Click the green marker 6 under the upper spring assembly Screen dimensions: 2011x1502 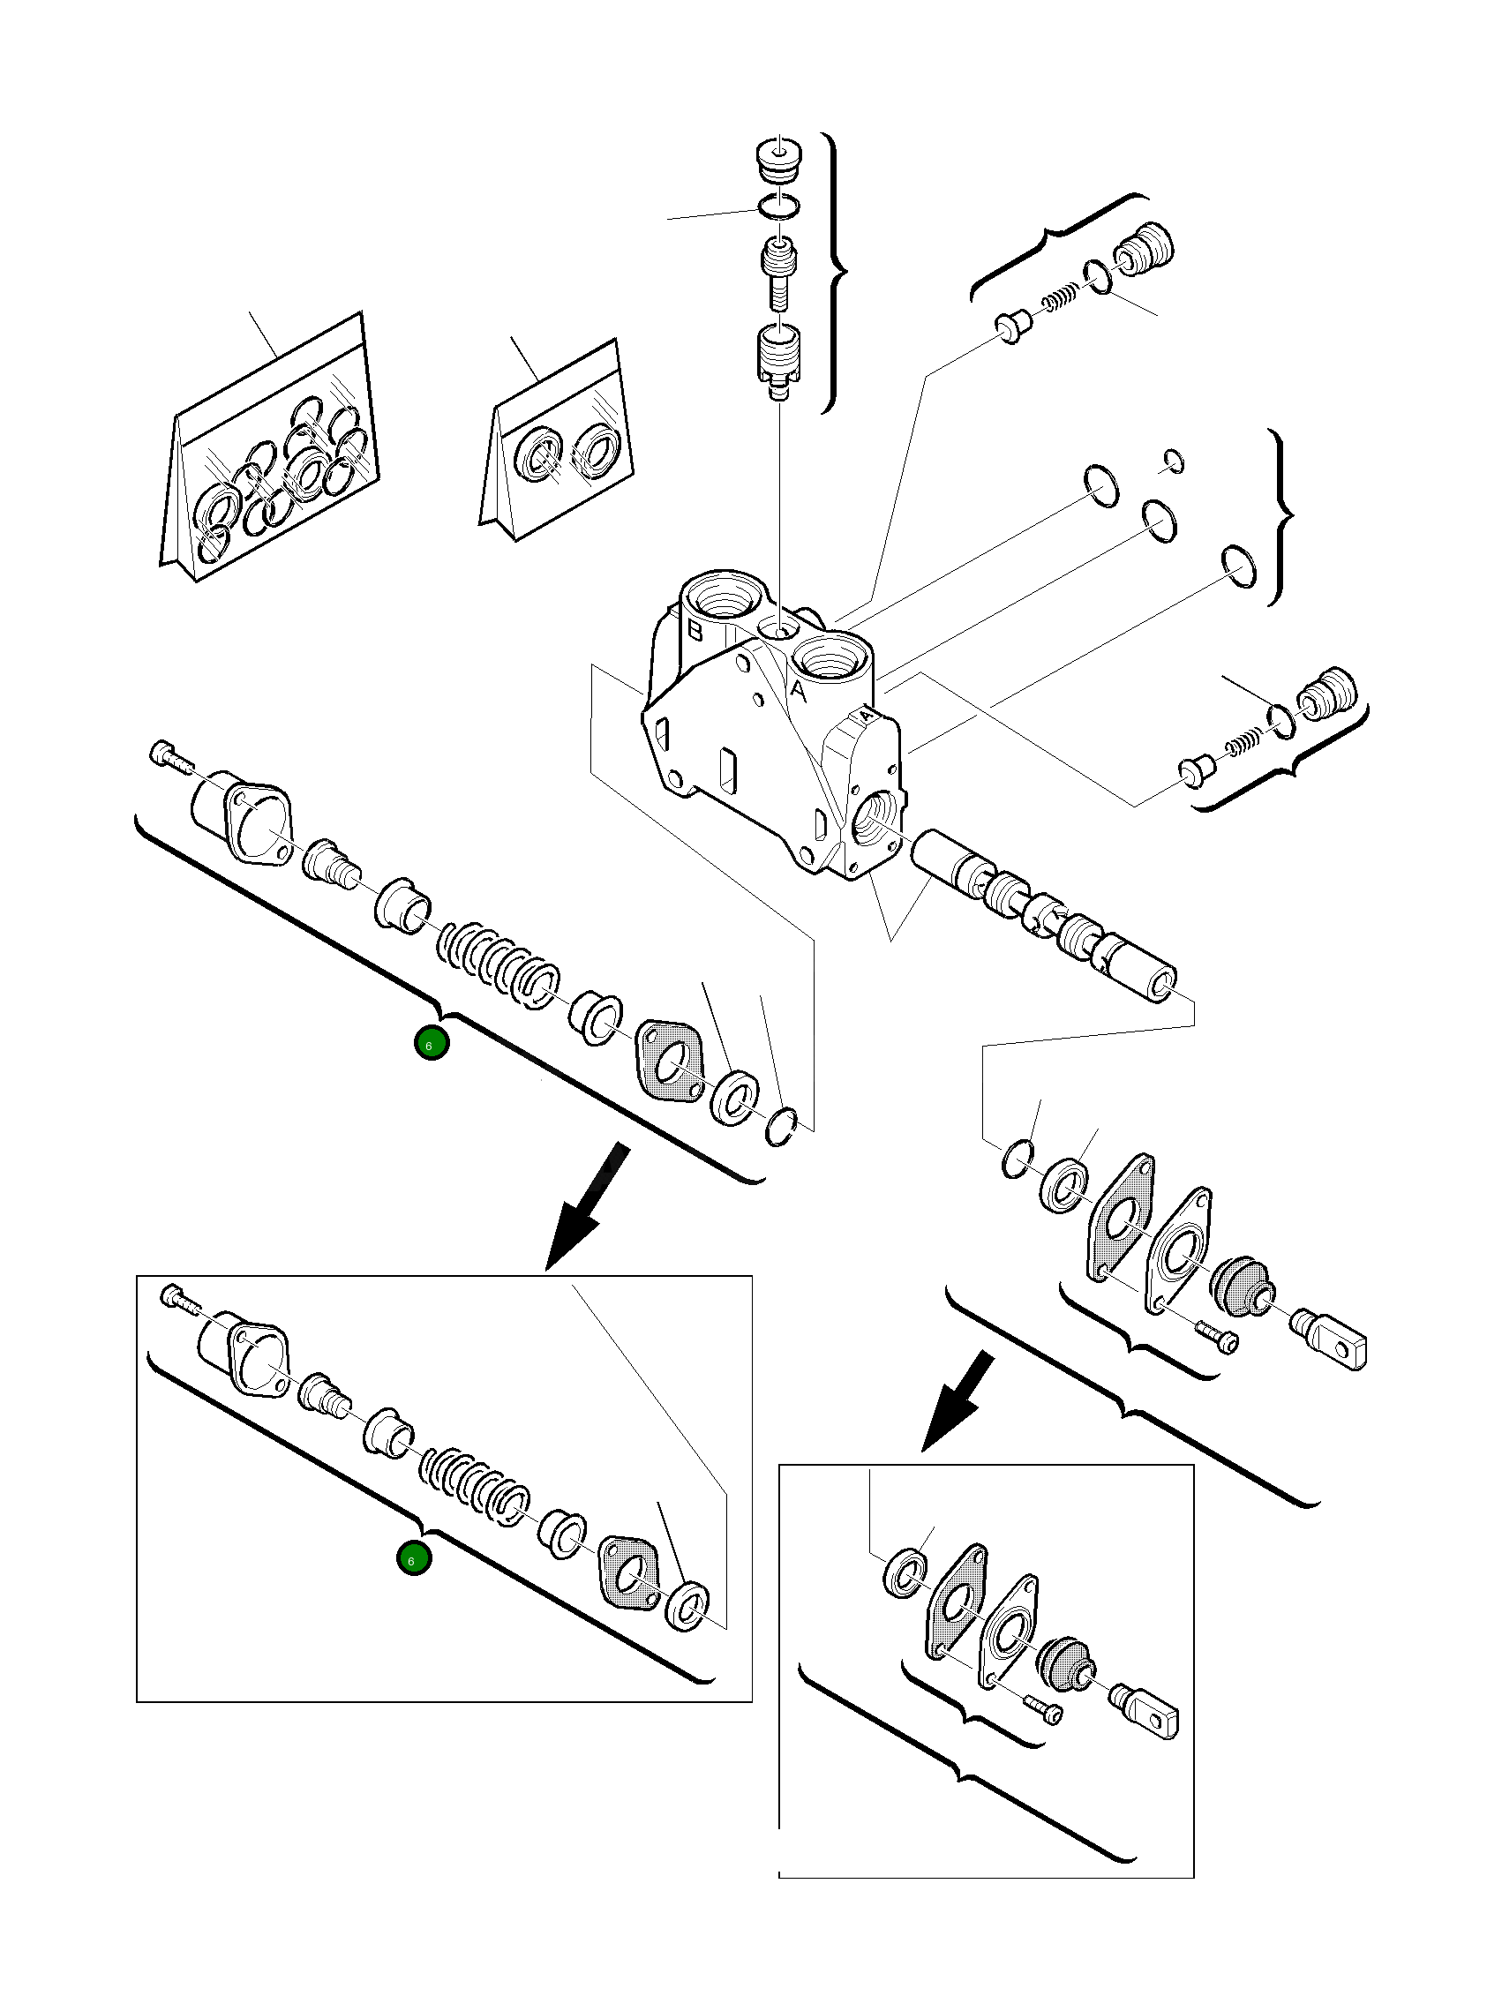pyautogui.click(x=431, y=1044)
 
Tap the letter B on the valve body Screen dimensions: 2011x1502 pyautogui.click(x=695, y=631)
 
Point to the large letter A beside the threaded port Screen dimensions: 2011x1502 pyautogui.click(x=798, y=691)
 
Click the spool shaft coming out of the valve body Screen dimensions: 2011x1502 pyautogui.click(x=1046, y=913)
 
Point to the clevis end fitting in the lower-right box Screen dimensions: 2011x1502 pyautogui.click(x=1153, y=1710)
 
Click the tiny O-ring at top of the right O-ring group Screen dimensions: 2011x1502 pyautogui.click(x=1174, y=461)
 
